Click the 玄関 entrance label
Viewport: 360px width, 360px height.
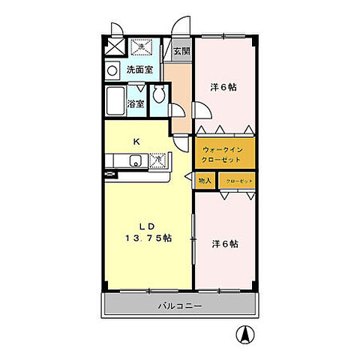[181, 52]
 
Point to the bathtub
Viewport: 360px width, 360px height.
[116, 100]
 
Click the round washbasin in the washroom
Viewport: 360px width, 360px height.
[111, 71]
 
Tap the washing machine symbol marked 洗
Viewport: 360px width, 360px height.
[140, 48]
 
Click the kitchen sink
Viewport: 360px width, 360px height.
[135, 160]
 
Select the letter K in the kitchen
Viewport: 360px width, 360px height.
[136, 140]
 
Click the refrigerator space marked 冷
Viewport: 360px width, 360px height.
[157, 160]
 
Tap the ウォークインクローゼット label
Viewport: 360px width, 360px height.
[223, 154]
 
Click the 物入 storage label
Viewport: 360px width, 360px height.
[205, 181]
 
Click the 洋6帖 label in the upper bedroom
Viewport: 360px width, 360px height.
[223, 88]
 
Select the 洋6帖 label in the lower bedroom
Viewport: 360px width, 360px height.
[224, 244]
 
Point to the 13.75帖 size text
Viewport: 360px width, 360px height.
[148, 238]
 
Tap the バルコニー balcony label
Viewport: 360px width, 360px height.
[179, 306]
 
